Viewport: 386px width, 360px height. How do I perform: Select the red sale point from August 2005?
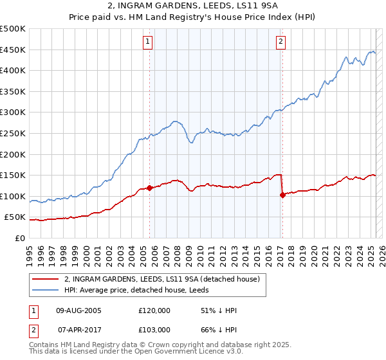pyautogui.click(x=150, y=188)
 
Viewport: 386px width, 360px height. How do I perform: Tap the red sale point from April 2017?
pyautogui.click(x=282, y=195)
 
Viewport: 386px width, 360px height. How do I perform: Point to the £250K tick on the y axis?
pyautogui.click(x=13, y=133)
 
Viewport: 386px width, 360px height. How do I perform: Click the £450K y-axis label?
pyautogui.click(x=13, y=50)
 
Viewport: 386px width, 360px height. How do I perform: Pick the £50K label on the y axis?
pyautogui.click(x=15, y=217)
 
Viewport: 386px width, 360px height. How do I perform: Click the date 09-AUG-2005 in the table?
pyautogui.click(x=78, y=310)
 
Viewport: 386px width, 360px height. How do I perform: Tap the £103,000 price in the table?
pyautogui.click(x=154, y=329)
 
